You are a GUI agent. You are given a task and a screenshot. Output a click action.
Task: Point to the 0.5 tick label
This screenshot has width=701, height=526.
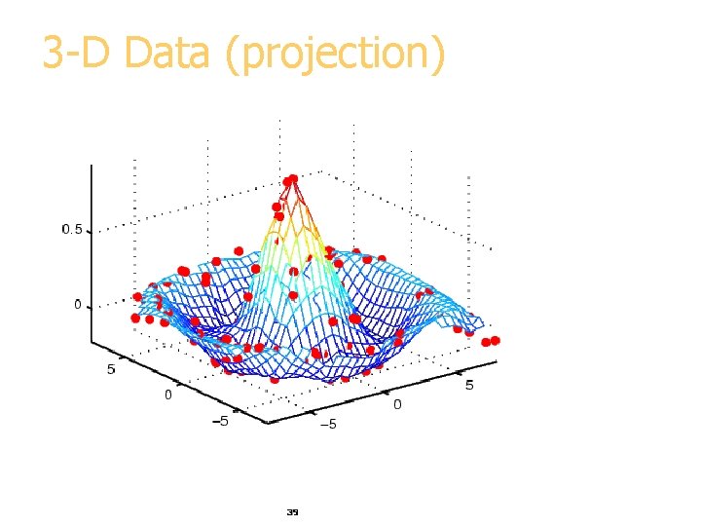72,230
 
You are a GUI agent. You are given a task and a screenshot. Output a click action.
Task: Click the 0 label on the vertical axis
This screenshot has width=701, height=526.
78,306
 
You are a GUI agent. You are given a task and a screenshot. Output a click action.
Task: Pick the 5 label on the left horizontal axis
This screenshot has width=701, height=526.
111,370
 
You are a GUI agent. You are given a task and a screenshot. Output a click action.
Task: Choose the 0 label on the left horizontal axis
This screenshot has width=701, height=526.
167,394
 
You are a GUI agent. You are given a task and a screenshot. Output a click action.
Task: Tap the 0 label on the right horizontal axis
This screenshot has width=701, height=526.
396,404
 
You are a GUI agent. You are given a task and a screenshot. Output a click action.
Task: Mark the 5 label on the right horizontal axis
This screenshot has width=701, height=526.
469,385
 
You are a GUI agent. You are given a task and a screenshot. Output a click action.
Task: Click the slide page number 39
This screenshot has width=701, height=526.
292,510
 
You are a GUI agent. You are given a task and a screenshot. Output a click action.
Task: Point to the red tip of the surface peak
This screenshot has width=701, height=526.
290,181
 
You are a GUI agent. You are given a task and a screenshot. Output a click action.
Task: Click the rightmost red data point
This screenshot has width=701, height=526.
495,340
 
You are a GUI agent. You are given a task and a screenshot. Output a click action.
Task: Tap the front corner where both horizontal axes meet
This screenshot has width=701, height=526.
267,422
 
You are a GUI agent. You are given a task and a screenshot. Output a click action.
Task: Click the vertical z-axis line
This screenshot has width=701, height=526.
92,253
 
